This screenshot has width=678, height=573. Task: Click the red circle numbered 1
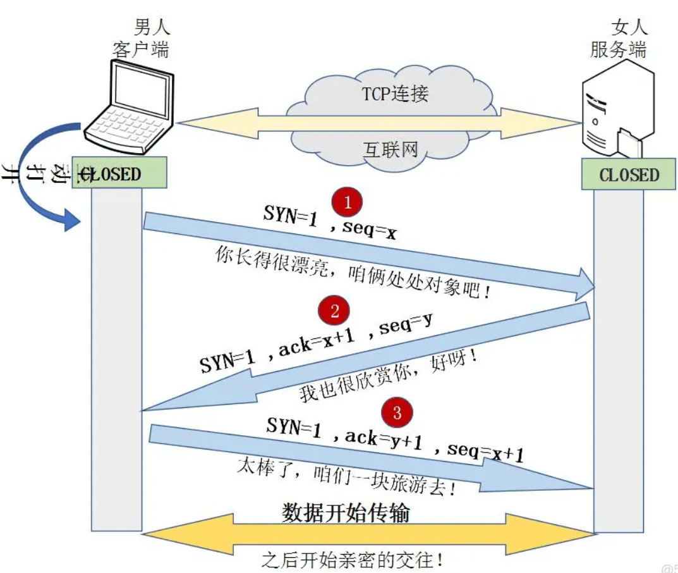point(347,202)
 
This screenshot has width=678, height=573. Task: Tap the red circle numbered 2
point(334,311)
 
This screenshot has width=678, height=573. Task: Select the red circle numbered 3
point(397,413)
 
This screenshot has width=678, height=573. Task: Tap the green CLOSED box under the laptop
point(119,173)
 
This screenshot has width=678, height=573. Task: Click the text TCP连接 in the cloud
point(395,94)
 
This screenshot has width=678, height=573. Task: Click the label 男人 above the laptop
point(152,27)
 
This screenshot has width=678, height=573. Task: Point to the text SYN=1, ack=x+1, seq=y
point(316,346)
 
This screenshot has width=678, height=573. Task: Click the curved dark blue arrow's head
point(73,222)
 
